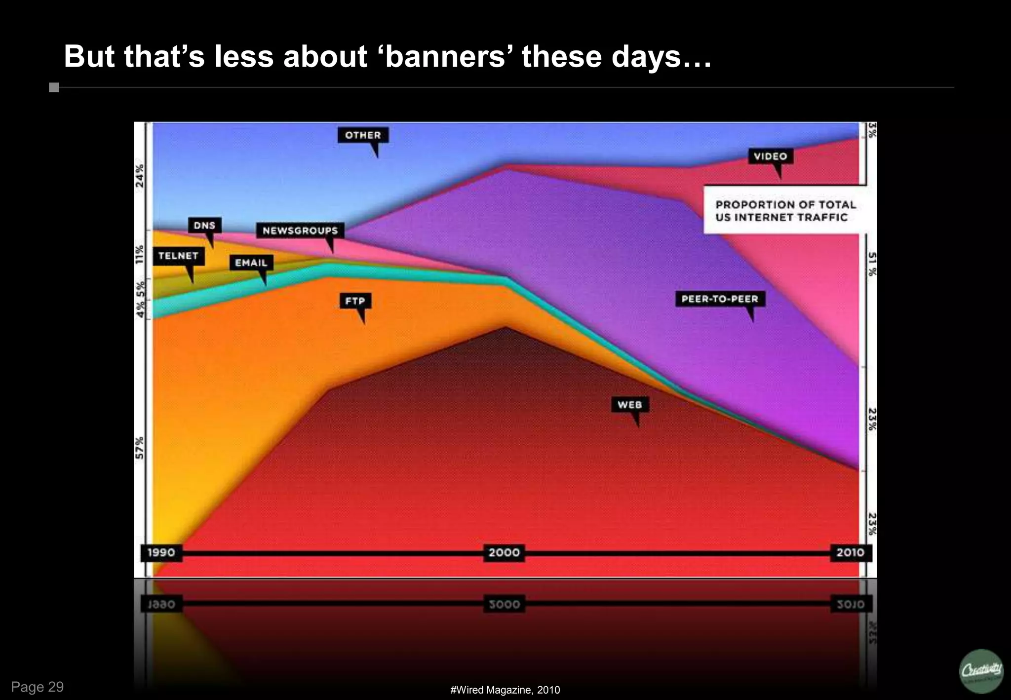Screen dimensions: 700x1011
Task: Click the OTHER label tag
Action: point(363,135)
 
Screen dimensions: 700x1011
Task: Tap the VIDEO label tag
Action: point(770,156)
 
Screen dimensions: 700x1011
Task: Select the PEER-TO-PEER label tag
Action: point(720,299)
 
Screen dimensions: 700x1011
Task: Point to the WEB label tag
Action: point(629,405)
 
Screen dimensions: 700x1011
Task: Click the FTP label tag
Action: point(355,301)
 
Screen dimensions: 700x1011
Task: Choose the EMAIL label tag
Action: point(251,263)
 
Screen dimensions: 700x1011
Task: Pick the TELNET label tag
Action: point(178,256)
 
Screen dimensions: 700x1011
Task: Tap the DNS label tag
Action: point(204,225)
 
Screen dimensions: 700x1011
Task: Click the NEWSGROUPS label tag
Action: point(300,231)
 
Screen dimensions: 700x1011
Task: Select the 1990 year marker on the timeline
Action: point(161,552)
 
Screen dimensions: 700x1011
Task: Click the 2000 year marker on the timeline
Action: point(504,552)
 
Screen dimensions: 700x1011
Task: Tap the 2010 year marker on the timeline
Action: point(850,552)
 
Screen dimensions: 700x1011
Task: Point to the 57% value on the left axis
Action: point(140,447)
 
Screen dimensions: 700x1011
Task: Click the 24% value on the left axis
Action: point(140,175)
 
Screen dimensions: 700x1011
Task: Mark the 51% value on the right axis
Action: point(872,264)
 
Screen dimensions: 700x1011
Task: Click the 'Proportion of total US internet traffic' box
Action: point(785,211)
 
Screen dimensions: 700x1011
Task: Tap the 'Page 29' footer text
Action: point(38,687)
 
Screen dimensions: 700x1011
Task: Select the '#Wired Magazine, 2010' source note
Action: point(505,690)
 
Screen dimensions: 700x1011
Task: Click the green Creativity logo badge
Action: point(981,671)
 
